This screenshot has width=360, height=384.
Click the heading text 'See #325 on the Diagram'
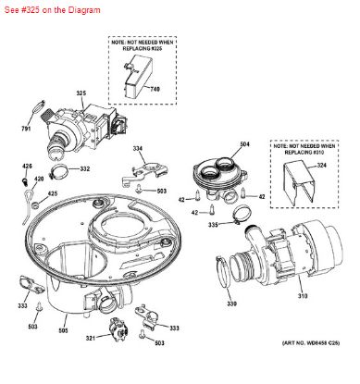point(44,8)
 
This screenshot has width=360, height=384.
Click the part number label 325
point(81,93)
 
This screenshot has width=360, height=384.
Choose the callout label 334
point(137,148)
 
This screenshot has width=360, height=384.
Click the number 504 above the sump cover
point(218,144)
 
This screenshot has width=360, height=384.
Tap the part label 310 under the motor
point(302,295)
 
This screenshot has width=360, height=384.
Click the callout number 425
point(28,193)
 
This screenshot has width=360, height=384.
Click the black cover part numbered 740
point(129,78)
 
